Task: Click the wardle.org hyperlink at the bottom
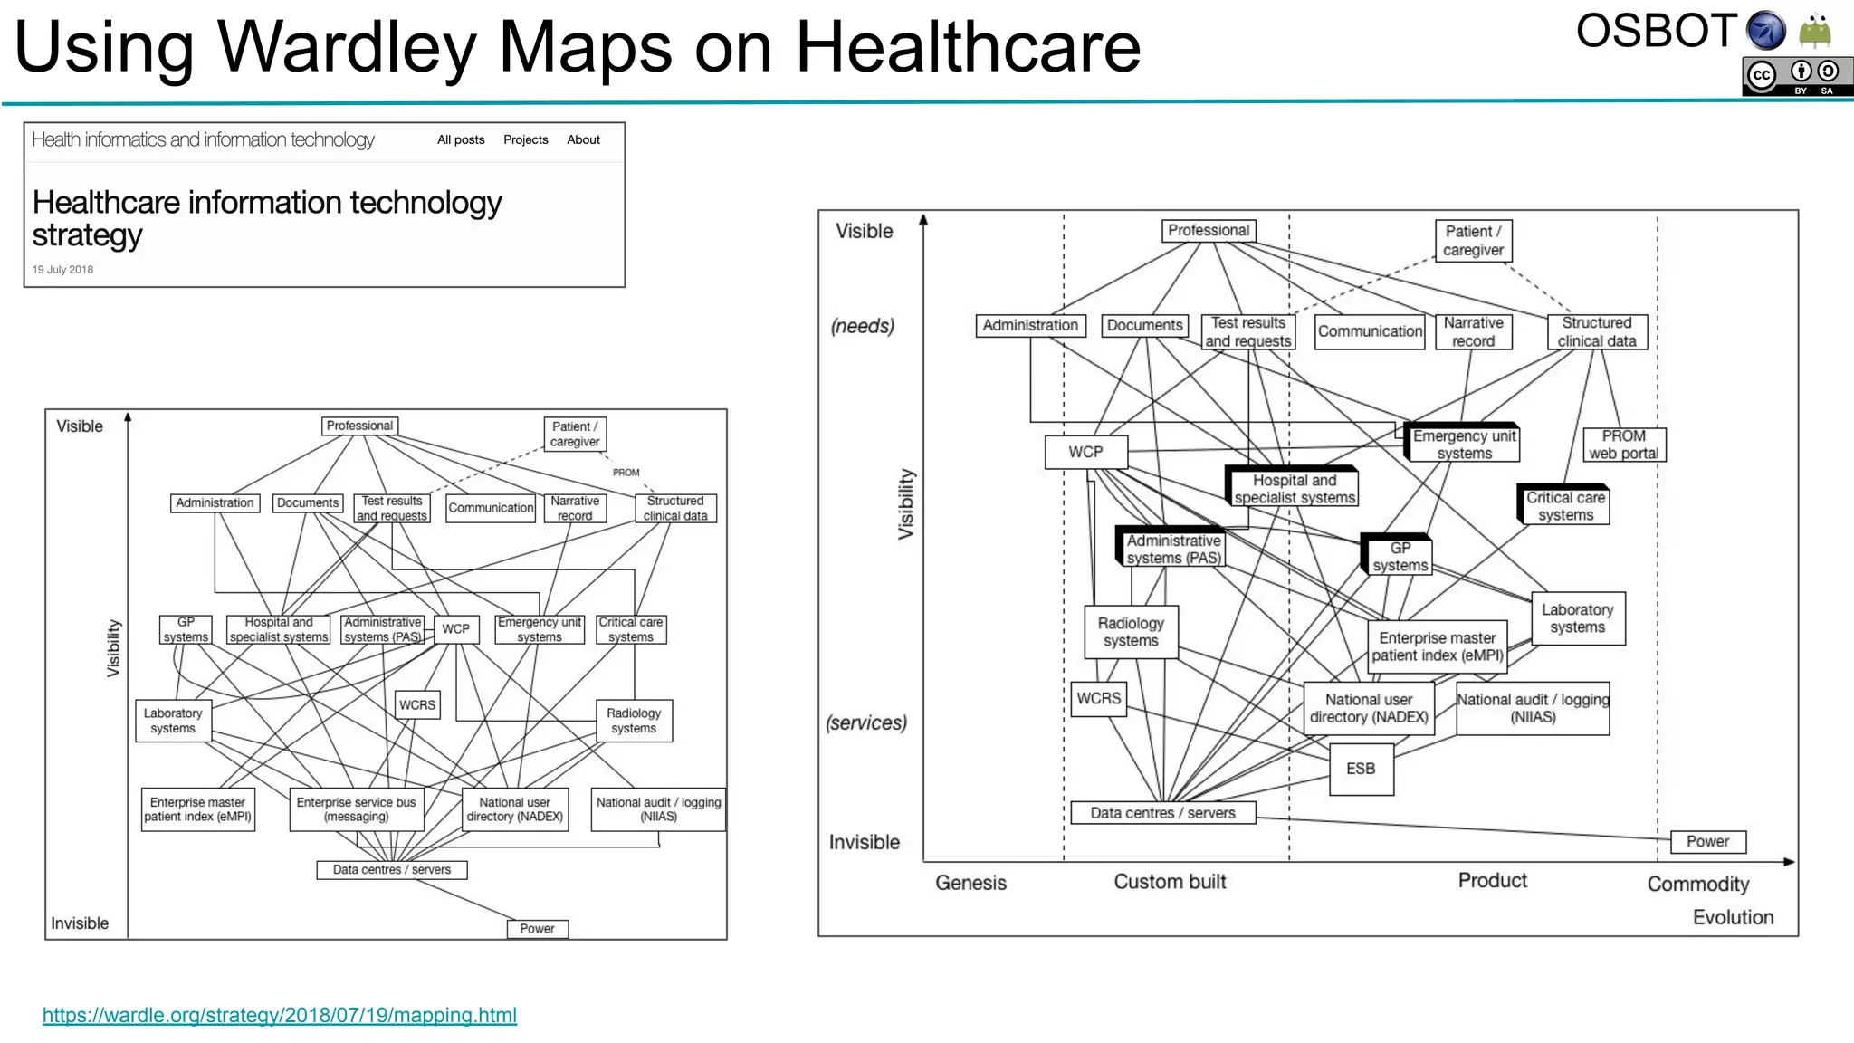[280, 1015]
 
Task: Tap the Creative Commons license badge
[1796, 76]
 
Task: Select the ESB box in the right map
[1361, 769]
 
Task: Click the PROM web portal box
[1623, 445]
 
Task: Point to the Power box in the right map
[1707, 841]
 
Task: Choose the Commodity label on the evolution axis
[1697, 884]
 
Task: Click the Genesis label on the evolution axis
[970, 883]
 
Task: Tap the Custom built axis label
[1170, 882]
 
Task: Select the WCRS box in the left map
[417, 704]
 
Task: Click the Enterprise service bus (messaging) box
[357, 809]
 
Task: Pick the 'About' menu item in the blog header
[583, 139]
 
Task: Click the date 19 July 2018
[62, 270]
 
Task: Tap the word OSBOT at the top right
[1657, 32]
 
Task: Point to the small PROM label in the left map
[626, 473]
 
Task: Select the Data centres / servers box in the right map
[1162, 813]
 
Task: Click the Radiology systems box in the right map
[1131, 632]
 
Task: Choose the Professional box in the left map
[359, 426]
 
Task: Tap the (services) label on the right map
[865, 722]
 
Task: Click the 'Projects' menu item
[525, 139]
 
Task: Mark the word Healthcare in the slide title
[968, 47]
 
